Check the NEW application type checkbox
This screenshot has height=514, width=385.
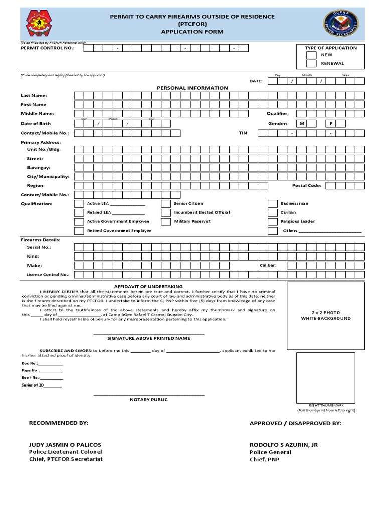(311, 55)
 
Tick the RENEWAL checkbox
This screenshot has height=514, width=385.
(311, 64)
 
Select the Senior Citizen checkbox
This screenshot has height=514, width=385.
(165, 204)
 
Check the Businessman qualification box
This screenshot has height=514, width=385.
(272, 204)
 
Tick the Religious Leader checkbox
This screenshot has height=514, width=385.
(272, 222)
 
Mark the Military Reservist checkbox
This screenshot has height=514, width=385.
(165, 222)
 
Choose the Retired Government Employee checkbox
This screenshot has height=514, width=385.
(79, 231)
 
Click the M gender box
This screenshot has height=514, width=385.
(302, 123)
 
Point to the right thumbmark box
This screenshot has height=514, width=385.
(325, 377)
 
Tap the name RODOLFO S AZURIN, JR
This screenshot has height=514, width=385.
(284, 445)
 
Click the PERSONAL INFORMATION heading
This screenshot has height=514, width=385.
(192, 88)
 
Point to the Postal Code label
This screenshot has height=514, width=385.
(307, 186)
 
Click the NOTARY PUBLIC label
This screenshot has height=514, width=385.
(149, 400)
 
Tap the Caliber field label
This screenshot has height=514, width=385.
(268, 265)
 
